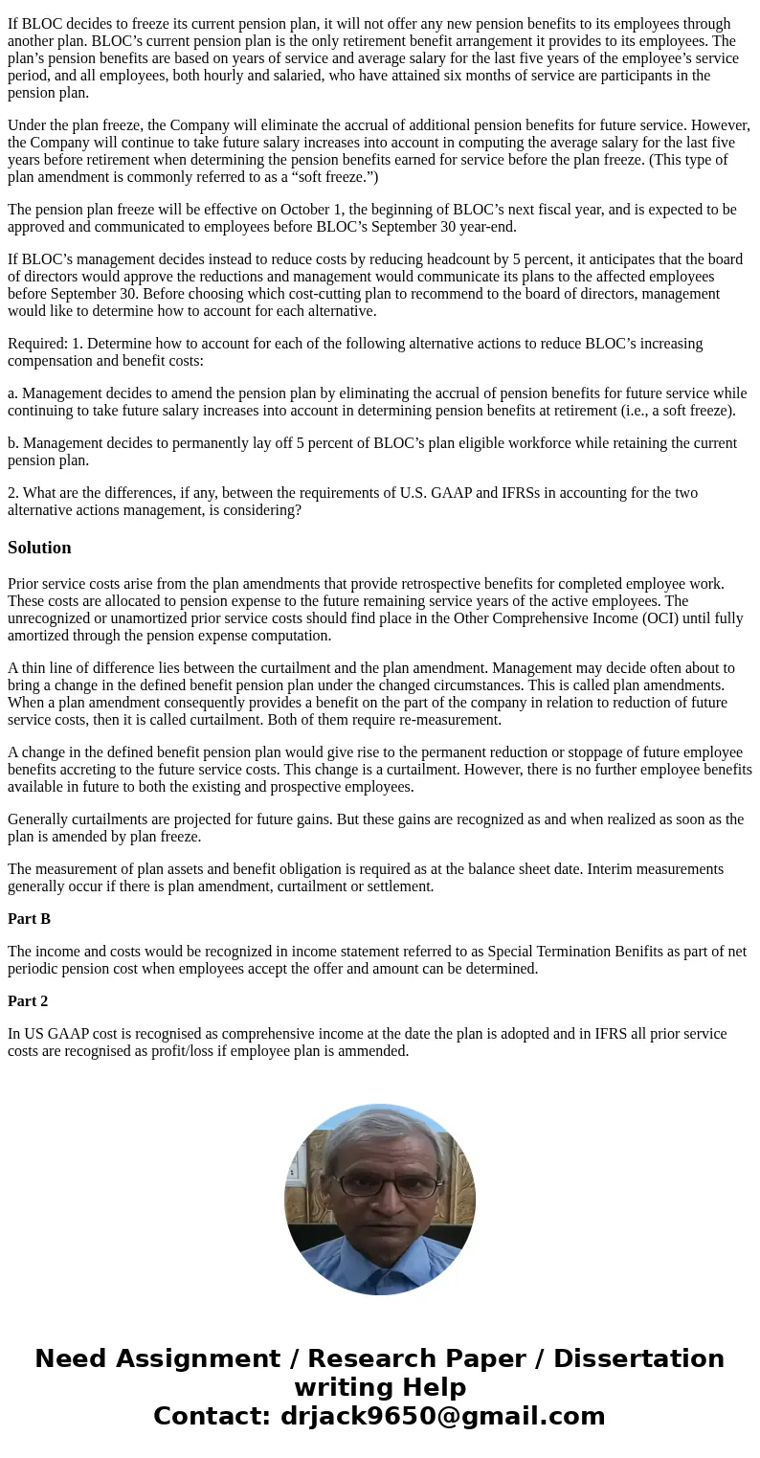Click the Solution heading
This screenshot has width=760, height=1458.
[x=39, y=548]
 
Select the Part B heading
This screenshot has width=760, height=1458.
[x=29, y=919]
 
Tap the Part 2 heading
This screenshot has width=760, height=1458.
[x=28, y=1001]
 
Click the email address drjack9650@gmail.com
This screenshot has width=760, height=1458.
[x=442, y=1416]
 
